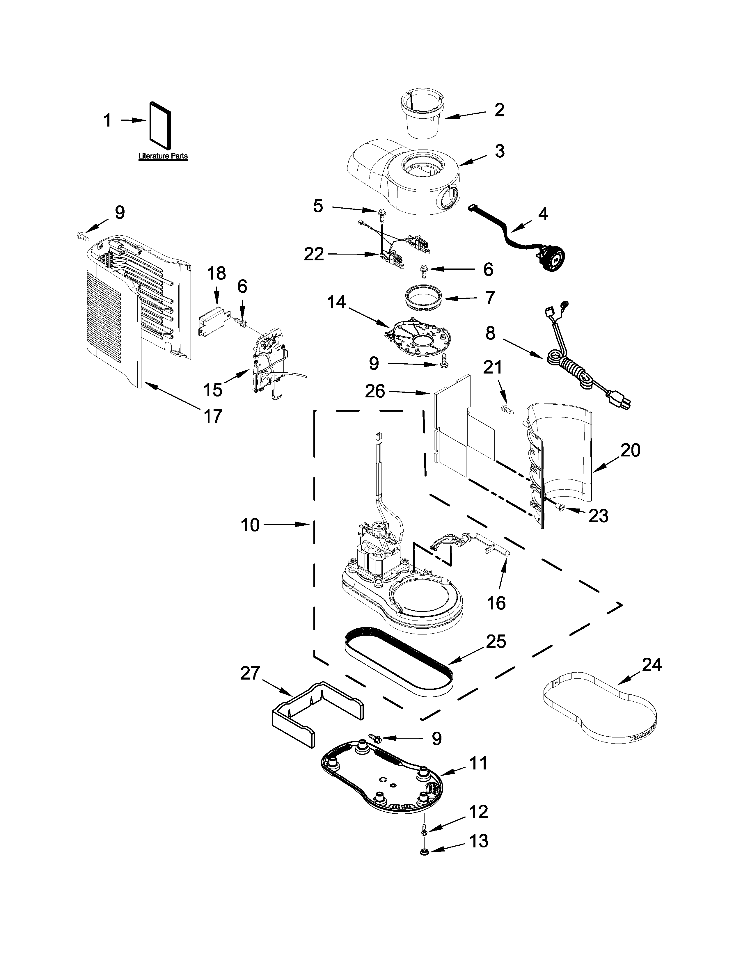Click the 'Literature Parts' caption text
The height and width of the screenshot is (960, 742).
click(163, 156)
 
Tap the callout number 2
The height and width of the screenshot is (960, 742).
click(499, 110)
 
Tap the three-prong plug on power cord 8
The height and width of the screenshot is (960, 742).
click(619, 399)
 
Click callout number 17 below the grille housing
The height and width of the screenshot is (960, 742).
click(212, 415)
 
